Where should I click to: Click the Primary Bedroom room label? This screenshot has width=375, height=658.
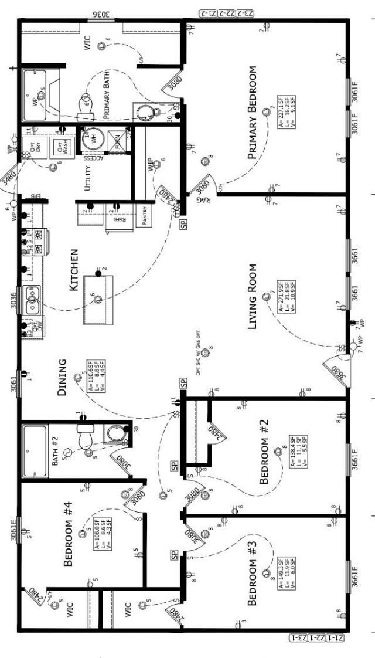(x=253, y=112)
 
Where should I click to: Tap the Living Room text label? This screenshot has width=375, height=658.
(x=253, y=297)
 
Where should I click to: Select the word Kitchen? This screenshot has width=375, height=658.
(x=74, y=270)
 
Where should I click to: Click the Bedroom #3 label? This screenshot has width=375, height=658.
(x=253, y=574)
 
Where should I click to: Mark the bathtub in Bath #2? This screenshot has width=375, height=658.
(x=35, y=450)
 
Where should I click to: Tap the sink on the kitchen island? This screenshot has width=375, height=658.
(x=97, y=299)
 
